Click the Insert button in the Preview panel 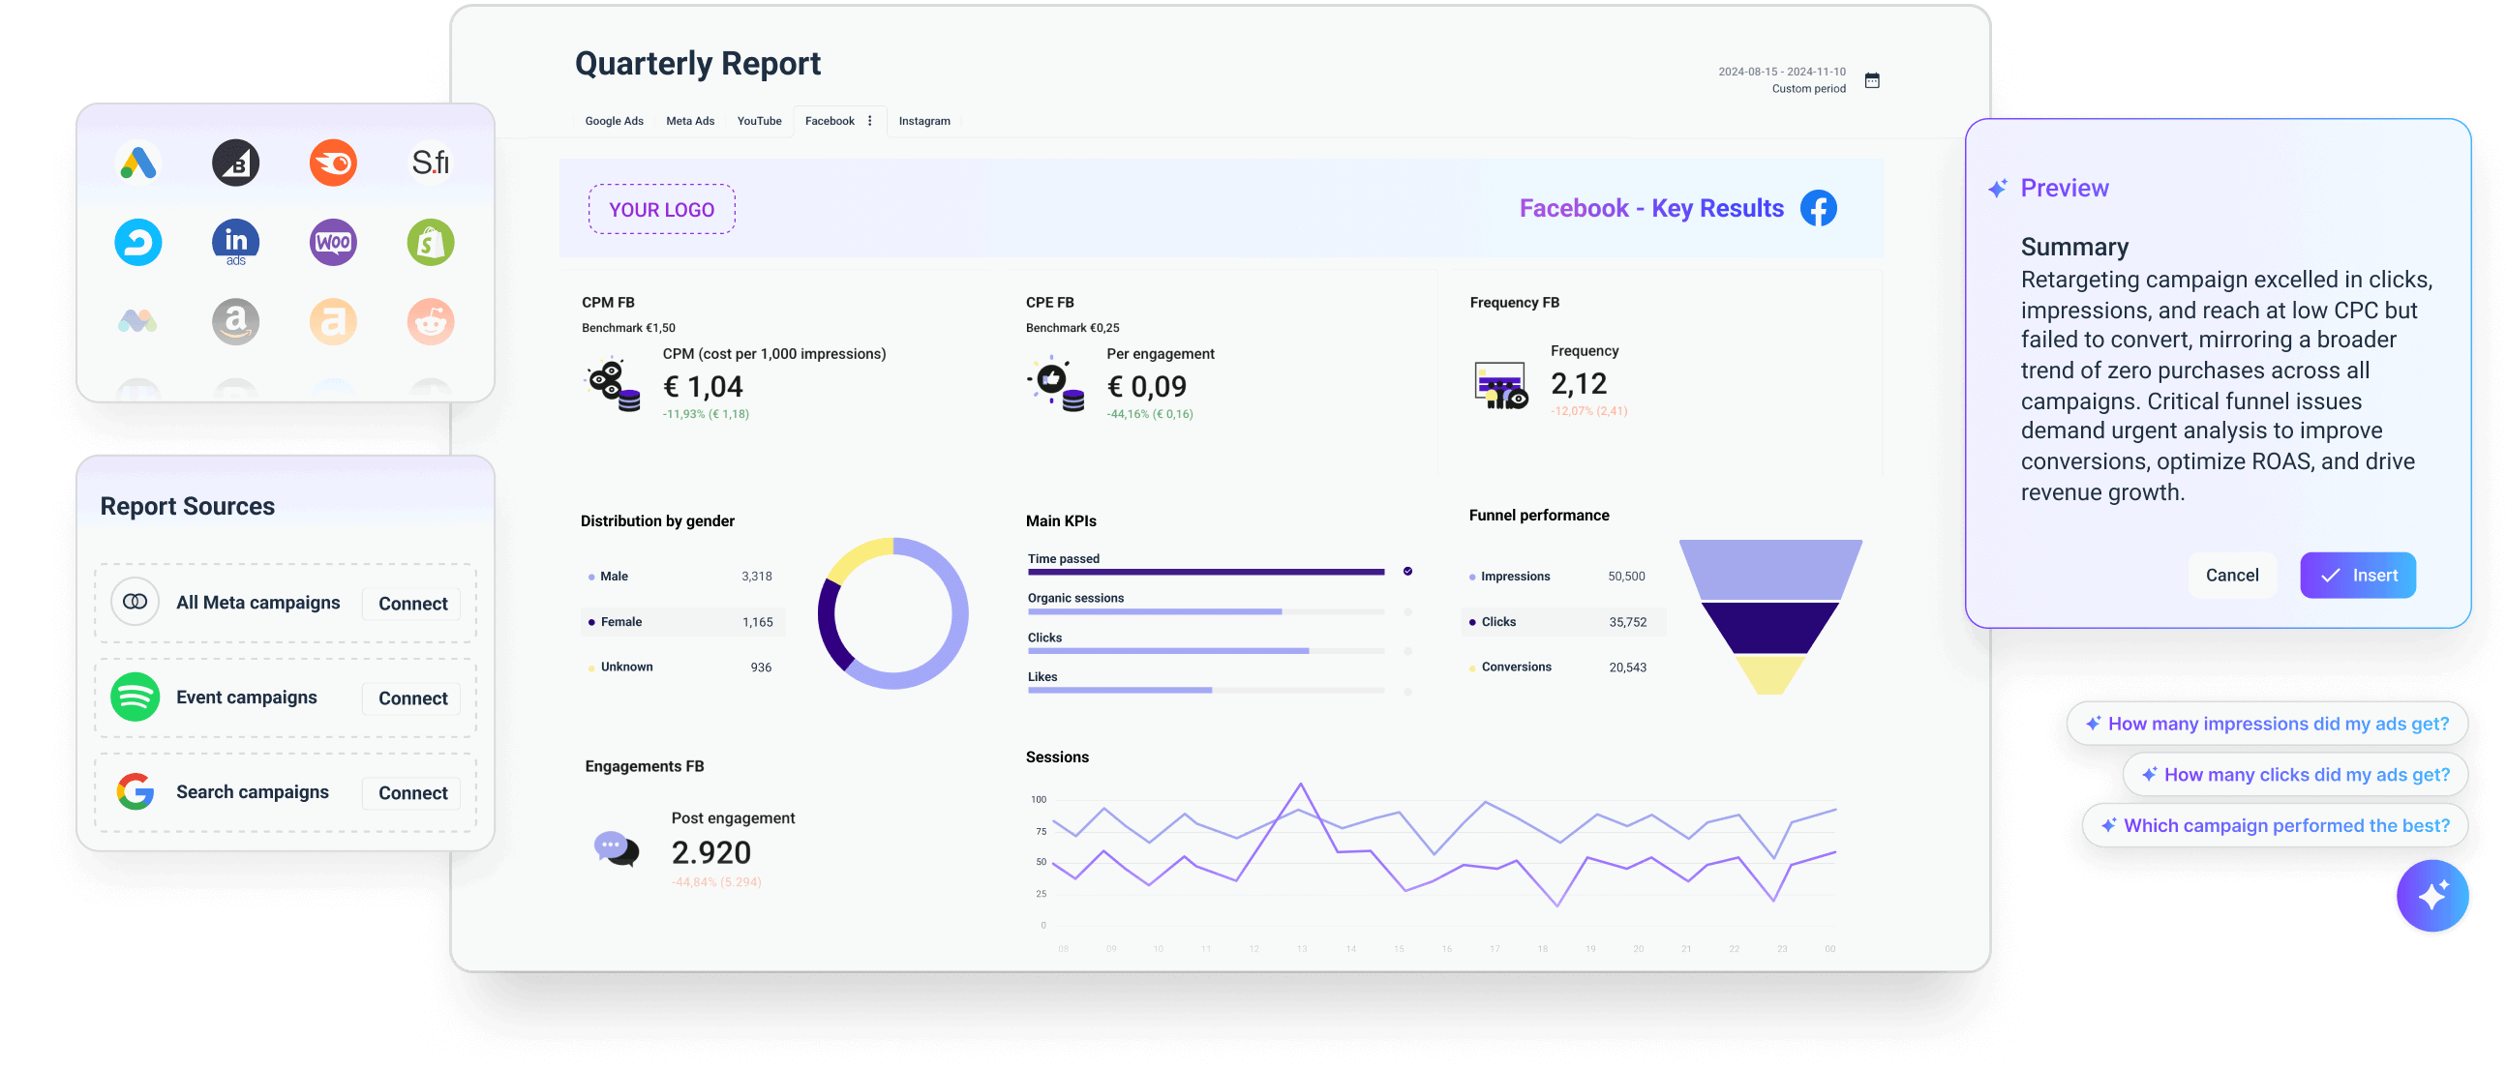[x=2357, y=575]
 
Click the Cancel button [x=2231, y=575]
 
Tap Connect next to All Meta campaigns [x=412, y=603]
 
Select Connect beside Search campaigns [x=412, y=792]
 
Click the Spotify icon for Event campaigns [x=136, y=697]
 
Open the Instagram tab [x=923, y=121]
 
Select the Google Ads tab [x=614, y=121]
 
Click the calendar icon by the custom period [x=1871, y=79]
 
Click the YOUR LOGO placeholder [x=662, y=209]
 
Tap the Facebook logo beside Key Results [x=1818, y=208]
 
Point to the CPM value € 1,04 [x=703, y=386]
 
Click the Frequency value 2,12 [x=1578, y=383]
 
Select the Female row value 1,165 [x=757, y=621]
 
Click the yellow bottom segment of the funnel [x=1770, y=674]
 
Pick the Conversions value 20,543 [x=1627, y=667]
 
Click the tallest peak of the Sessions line [x=1300, y=784]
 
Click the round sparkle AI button [x=2431, y=895]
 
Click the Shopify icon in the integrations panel [x=430, y=242]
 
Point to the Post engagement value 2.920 [x=710, y=852]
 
